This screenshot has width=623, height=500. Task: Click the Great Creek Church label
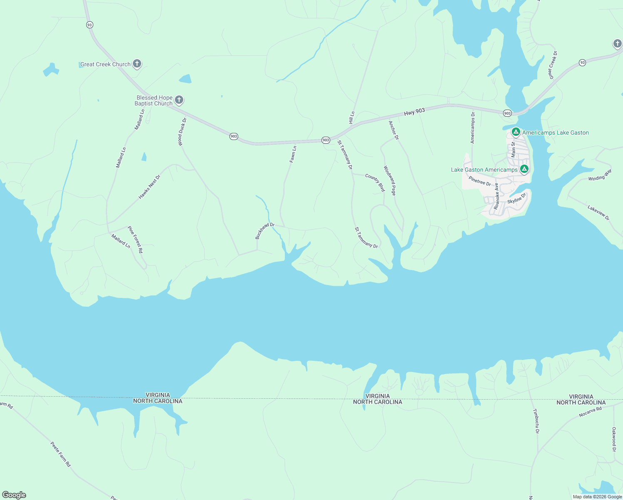pyautogui.click(x=105, y=64)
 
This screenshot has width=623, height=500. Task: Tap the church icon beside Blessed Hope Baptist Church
pyautogui.click(x=179, y=100)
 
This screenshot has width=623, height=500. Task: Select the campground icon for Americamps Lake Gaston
pyautogui.click(x=516, y=132)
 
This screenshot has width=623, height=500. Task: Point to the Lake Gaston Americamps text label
pyautogui.click(x=484, y=170)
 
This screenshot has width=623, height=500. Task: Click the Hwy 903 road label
pyautogui.click(x=414, y=112)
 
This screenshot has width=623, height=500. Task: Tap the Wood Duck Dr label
pyautogui.click(x=182, y=132)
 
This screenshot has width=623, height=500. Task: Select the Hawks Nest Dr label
pyautogui.click(x=150, y=187)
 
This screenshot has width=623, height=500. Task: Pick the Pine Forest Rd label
pyautogui.click(x=135, y=240)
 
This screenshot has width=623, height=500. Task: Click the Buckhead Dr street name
pyautogui.click(x=265, y=231)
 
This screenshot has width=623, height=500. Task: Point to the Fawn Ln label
pyautogui.click(x=293, y=154)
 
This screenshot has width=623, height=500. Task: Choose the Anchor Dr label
pyautogui.click(x=394, y=130)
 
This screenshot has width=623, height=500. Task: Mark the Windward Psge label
pyautogui.click(x=389, y=181)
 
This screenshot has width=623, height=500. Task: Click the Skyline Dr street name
pyautogui.click(x=517, y=198)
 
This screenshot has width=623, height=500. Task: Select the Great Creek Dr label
pyautogui.click(x=553, y=65)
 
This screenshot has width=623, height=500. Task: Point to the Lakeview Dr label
pyautogui.click(x=598, y=212)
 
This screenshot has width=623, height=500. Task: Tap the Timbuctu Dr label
pyautogui.click(x=536, y=421)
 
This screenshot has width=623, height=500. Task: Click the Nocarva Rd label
pyautogui.click(x=591, y=412)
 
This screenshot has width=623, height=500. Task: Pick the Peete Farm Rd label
pyautogui.click(x=61, y=454)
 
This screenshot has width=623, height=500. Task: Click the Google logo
pyautogui.click(x=14, y=495)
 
